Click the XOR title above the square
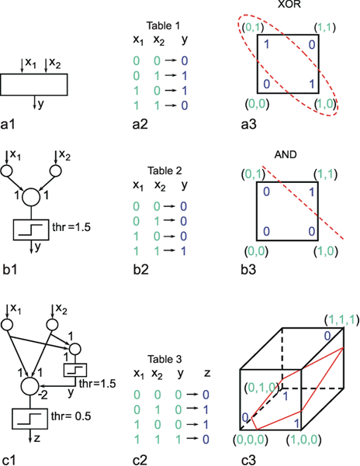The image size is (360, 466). pos(289,4)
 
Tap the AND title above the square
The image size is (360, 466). pos(286,155)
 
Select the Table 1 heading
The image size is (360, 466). pos(163,26)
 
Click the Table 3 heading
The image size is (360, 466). pos(164,359)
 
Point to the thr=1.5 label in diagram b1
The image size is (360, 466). pos(71,227)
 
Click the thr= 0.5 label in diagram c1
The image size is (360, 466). pos(71,416)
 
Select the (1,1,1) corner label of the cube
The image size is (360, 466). pos(341,320)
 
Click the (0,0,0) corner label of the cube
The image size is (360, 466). pos(251,440)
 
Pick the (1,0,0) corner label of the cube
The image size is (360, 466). pos(303,440)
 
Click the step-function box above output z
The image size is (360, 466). pos(29,419)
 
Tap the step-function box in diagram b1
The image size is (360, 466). pos(31,230)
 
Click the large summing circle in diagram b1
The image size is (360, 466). pos(31,197)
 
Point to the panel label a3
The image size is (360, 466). pos(248,124)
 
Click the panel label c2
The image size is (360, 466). pos(140,460)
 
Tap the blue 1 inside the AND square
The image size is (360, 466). pos(312,192)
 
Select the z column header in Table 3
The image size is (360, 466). pos(207,373)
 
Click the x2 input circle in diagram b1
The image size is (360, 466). pos(56,171)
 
